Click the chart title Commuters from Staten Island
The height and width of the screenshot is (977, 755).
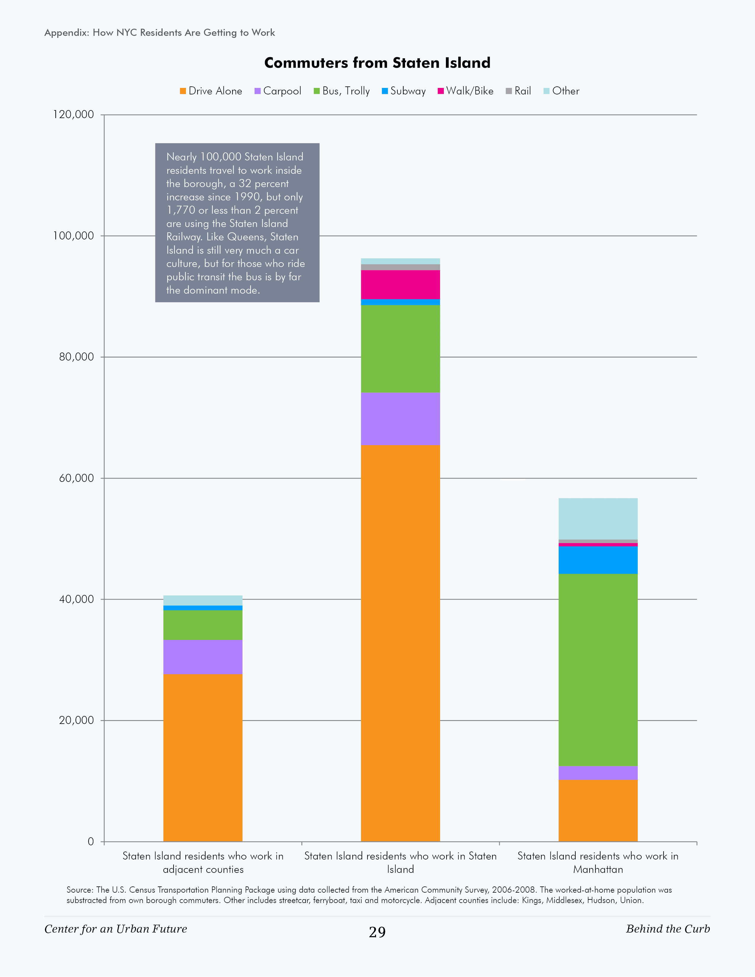click(377, 63)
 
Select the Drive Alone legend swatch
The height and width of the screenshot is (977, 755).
click(183, 91)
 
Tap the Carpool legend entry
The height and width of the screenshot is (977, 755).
click(277, 91)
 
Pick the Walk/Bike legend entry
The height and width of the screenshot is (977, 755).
click(465, 91)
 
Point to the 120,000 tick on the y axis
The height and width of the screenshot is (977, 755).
click(73, 115)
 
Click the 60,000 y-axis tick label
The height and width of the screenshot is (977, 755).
click(76, 478)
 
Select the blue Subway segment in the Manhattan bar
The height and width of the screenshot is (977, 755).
click(598, 560)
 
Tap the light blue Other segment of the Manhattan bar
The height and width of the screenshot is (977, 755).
click(598, 519)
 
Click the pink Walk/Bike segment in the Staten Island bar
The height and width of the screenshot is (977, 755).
click(400, 284)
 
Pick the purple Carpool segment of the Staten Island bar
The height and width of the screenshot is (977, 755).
click(400, 419)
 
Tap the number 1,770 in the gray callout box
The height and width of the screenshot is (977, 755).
click(181, 210)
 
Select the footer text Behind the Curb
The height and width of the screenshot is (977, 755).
click(668, 929)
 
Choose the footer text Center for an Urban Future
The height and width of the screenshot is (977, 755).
click(115, 929)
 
